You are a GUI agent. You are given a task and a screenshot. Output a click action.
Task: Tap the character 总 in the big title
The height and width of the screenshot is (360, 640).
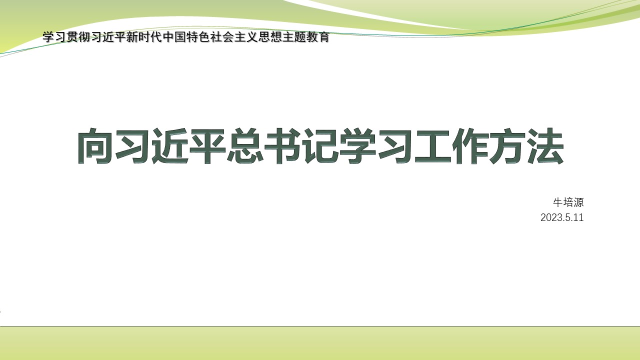[245, 146]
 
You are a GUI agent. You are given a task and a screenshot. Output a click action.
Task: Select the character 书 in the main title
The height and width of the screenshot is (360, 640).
[282, 146]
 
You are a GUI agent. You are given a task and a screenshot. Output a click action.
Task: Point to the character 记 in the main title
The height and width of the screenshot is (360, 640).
[320, 146]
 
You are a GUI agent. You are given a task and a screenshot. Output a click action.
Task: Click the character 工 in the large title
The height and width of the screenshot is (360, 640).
[433, 146]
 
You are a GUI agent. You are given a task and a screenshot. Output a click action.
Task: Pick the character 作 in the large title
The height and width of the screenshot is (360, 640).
[470, 146]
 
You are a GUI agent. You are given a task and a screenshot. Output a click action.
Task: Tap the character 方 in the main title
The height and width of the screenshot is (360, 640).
[508, 146]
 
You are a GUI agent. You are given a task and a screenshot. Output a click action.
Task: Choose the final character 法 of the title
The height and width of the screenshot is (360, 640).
[545, 146]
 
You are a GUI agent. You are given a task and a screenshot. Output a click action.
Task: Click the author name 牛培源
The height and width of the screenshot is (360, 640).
[568, 202]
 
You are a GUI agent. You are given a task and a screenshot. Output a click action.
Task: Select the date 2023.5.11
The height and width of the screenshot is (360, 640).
[562, 217]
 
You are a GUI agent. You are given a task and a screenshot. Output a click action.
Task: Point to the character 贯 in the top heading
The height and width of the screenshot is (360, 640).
[72, 37]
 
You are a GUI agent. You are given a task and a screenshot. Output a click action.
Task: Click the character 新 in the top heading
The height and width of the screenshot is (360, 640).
[132, 37]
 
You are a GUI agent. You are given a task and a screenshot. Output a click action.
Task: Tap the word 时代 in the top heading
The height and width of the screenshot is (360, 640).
[150, 37]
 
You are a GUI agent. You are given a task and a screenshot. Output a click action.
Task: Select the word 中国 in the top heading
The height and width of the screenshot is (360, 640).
[174, 37]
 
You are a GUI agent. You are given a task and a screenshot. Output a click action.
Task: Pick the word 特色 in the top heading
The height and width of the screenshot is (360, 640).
[198, 37]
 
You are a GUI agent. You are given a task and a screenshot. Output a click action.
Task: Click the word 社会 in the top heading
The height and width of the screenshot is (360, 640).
[222, 37]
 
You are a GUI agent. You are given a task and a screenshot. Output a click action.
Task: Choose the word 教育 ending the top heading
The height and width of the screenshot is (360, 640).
[318, 37]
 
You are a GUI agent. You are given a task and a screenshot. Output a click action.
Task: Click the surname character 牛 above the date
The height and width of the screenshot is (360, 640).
[558, 202]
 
